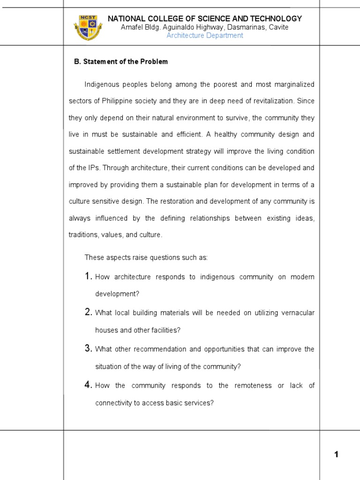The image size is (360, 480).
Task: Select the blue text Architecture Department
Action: coord(205,36)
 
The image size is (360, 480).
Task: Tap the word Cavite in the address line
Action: coord(278,27)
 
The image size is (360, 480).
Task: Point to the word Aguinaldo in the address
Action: coord(176,27)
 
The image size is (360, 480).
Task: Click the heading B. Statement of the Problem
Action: coord(121,61)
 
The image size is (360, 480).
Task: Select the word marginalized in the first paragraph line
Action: coord(292,84)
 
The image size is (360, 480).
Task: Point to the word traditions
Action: coord(83,235)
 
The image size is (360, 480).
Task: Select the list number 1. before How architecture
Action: coord(88,277)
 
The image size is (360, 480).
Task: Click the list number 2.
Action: coord(88,312)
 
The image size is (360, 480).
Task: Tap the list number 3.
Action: coord(88,348)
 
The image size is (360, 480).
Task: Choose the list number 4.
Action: coord(88,385)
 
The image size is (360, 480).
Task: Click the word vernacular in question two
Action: coord(297,313)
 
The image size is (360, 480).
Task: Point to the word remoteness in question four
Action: coord(253,385)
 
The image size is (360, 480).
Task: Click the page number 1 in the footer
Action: coord(336,454)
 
